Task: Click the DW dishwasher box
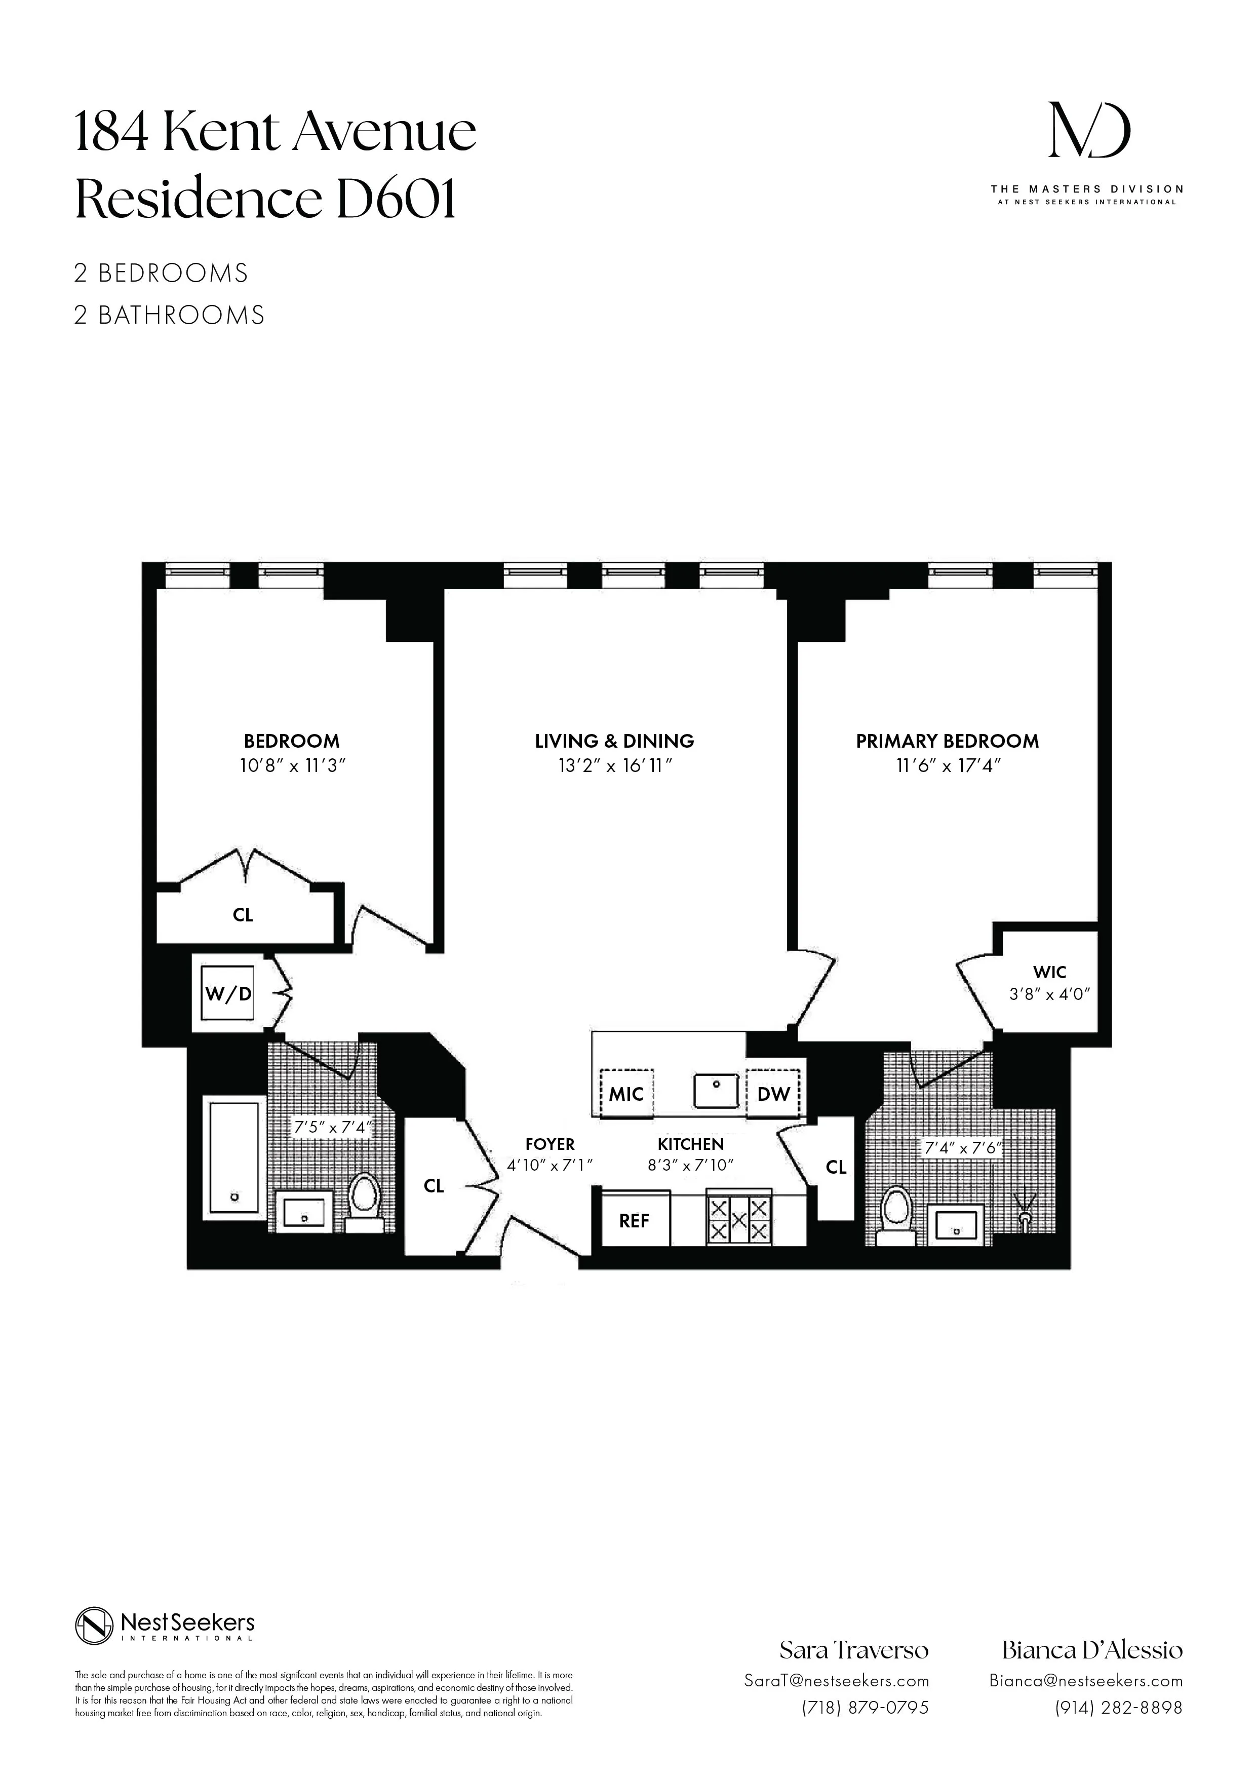pos(773,1094)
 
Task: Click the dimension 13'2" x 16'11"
pos(614,766)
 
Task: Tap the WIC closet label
pos(1049,972)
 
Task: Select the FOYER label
pos(549,1144)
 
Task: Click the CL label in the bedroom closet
pos(243,915)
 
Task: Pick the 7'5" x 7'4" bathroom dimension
pos(332,1128)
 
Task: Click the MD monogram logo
pos(1089,130)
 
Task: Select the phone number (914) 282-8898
pos(1118,1707)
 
